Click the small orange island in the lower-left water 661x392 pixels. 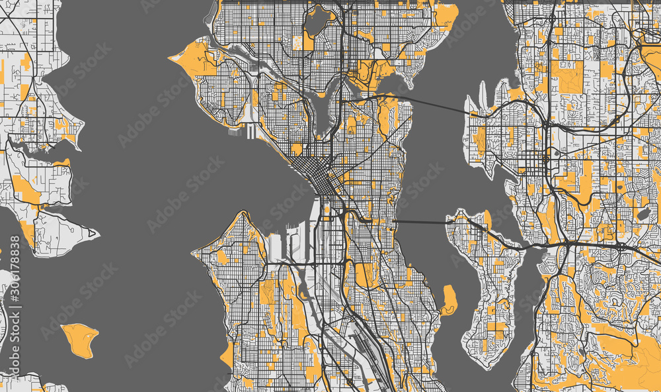[x=79, y=339]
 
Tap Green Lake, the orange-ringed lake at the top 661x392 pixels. [x=318, y=21]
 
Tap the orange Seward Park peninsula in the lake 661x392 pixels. [x=449, y=299]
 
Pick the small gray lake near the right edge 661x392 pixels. [x=642, y=214]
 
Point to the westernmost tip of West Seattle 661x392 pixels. [x=194, y=252]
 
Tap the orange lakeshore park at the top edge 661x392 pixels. [x=445, y=15]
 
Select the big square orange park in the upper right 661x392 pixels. [x=570, y=76]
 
